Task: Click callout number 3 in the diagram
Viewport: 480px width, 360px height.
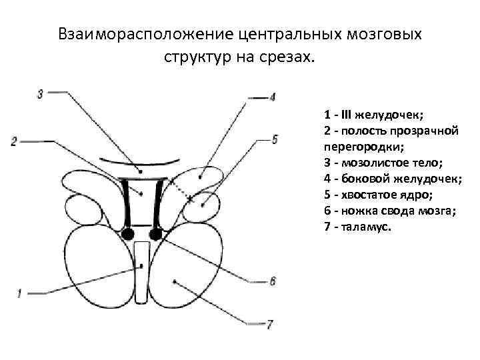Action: (41, 93)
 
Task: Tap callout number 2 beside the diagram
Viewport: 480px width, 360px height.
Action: (14, 141)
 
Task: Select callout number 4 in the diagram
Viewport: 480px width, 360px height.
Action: (273, 97)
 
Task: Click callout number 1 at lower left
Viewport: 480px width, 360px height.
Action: (19, 292)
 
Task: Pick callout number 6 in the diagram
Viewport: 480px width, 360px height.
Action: (273, 281)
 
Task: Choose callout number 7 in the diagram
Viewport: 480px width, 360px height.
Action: (269, 325)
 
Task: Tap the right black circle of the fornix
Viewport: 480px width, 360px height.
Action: (157, 233)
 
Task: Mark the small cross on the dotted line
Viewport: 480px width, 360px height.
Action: (190, 199)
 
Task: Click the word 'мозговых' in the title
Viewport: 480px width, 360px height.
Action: (387, 34)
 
